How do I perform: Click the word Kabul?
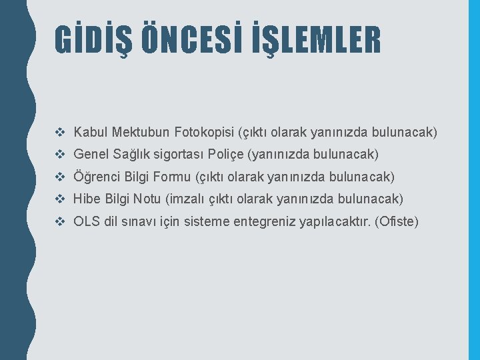(91, 132)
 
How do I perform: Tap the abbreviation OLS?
(87, 221)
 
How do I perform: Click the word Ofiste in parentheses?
(397, 221)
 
